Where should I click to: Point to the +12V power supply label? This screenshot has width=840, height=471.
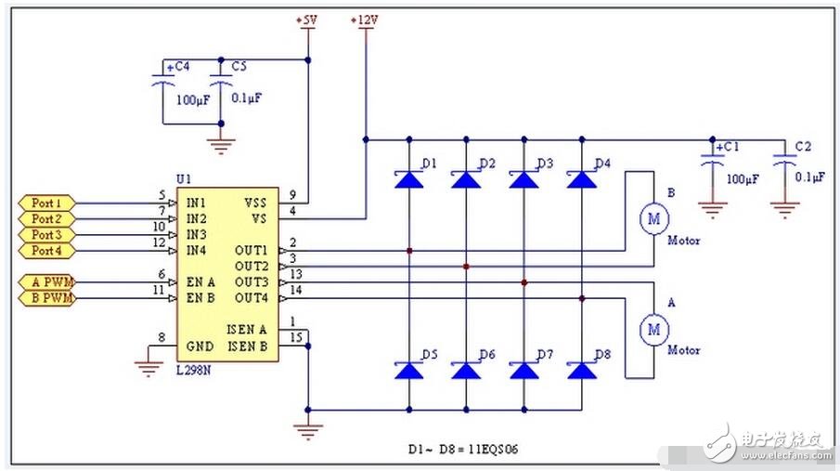click(x=366, y=20)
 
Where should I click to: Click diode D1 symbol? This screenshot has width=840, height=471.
click(x=408, y=179)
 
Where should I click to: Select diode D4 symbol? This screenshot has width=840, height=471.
click(x=581, y=179)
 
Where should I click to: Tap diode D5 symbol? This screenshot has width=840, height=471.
click(x=408, y=370)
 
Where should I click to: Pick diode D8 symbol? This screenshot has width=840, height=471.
click(x=581, y=370)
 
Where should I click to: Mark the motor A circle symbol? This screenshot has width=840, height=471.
click(x=653, y=328)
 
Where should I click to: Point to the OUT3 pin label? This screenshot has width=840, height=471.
click(x=251, y=281)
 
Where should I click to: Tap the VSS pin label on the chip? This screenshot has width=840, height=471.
click(x=254, y=203)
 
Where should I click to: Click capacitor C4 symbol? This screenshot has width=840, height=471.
click(x=164, y=83)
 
